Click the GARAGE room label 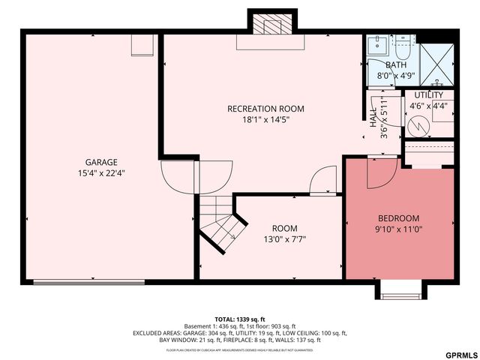100,162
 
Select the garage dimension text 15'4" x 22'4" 100,172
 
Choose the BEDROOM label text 397,218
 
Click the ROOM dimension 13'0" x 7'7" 284,239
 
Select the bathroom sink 376,44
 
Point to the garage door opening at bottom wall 89,282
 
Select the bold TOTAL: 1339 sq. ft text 240,318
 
